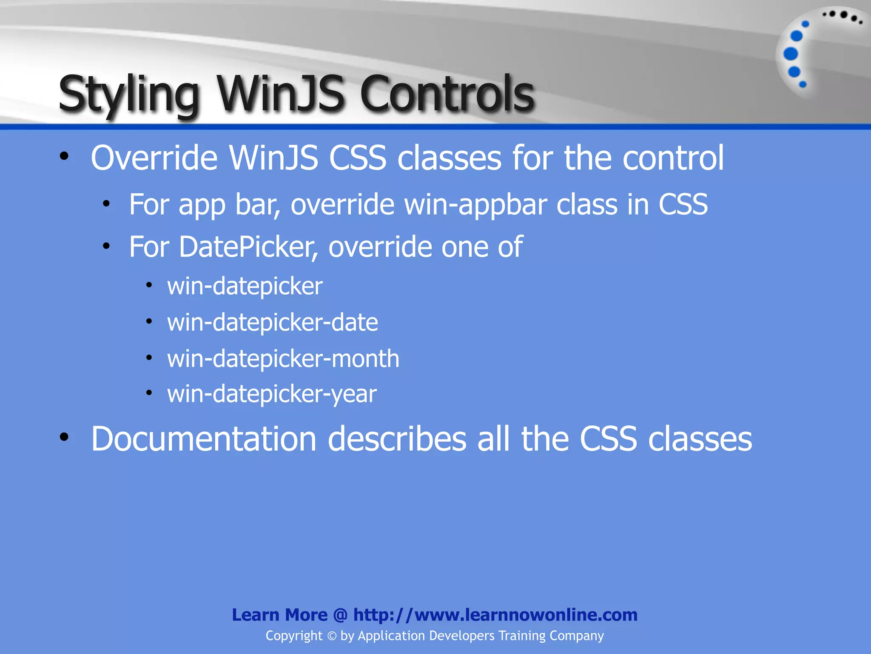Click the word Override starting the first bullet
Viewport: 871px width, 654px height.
[154, 158]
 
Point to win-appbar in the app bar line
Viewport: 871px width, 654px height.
[475, 205]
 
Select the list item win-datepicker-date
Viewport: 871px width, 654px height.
[272, 322]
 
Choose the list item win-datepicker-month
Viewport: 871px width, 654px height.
[283, 359]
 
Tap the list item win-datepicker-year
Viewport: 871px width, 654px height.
[271, 394]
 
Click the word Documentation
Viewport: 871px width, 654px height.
[204, 439]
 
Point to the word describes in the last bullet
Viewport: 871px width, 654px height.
[397, 439]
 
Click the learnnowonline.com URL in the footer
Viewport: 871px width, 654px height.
[495, 615]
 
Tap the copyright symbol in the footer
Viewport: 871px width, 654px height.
[332, 636]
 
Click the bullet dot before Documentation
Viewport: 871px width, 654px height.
[64, 437]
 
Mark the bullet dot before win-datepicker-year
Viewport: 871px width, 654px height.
[149, 393]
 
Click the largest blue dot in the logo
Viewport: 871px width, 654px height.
[791, 54]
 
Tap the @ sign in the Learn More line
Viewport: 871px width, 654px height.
[340, 615]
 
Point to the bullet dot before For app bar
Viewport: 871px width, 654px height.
[106, 204]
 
